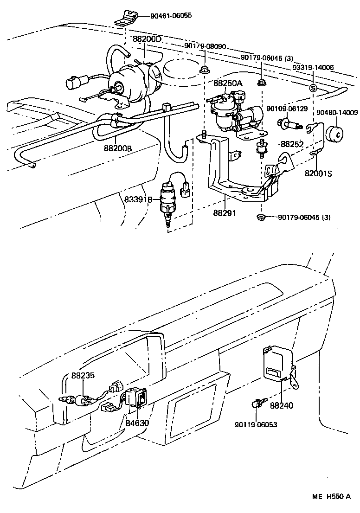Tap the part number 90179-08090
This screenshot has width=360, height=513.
pos(205,46)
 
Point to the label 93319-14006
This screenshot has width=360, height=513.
pos(313,67)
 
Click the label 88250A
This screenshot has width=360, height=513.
pos(228,83)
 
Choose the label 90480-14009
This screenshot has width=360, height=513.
pos(337,112)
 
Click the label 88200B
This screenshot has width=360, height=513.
pos(117,148)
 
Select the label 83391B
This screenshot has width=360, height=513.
pos(138,199)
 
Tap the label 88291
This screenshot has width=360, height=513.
pos(225,213)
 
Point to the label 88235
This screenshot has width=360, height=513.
pos(83,376)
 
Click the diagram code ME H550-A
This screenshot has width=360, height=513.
pos(330,497)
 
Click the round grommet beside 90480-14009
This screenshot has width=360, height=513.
pos(337,133)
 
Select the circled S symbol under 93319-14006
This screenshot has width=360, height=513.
pos(313,88)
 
